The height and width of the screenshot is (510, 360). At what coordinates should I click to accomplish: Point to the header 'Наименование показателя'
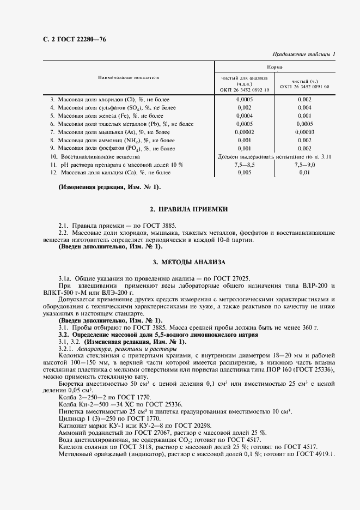(129, 78)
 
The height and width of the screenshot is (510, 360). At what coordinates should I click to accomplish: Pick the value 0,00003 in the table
(304, 131)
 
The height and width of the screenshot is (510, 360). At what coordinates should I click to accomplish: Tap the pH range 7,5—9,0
(304, 165)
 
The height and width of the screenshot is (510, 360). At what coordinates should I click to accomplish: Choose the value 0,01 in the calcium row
(304, 173)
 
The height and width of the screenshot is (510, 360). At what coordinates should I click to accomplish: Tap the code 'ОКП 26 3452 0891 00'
(304, 86)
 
